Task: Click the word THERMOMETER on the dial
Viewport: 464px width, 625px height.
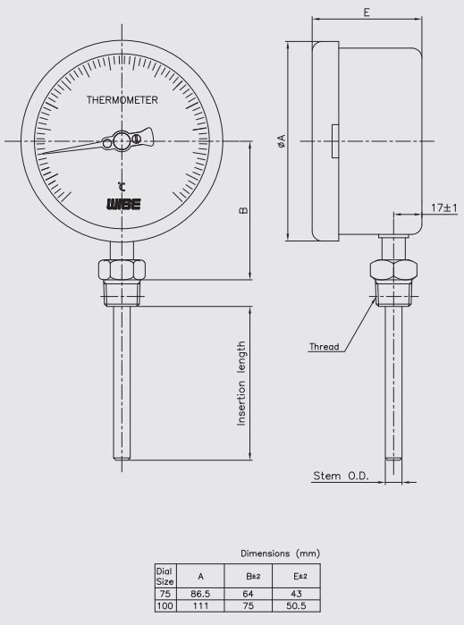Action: pos(122,101)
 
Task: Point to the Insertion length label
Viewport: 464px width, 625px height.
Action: pos(241,383)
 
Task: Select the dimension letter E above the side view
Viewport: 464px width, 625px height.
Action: pos(367,13)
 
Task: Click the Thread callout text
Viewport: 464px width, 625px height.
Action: pos(324,346)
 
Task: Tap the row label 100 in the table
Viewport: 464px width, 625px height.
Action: pos(164,604)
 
